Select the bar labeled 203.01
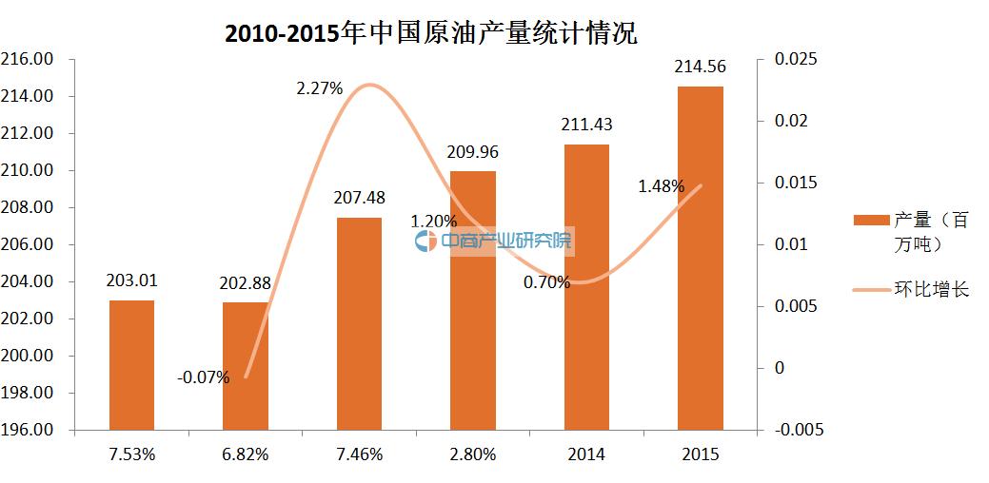(131, 365)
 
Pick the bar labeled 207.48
(359, 323)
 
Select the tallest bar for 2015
(700, 258)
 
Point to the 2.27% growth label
(319, 88)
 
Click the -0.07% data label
(203, 377)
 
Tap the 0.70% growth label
(546, 281)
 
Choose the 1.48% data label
(661, 186)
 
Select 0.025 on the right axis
(796, 59)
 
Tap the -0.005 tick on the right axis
(799, 430)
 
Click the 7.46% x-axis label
(359, 454)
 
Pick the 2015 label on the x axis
(700, 454)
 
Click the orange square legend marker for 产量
(870, 221)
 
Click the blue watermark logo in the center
(425, 241)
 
